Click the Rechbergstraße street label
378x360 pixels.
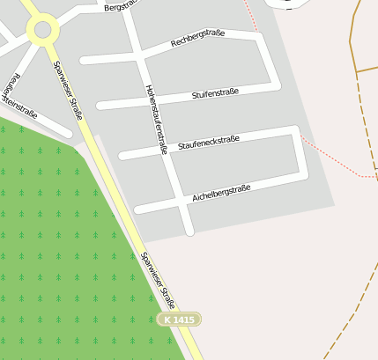(x=197, y=38)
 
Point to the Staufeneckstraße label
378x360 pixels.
(x=209, y=141)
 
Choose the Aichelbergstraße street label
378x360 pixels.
(x=221, y=193)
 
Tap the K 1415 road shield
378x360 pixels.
(x=179, y=320)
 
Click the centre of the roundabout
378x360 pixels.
(x=41, y=31)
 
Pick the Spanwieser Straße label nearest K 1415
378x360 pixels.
(x=159, y=281)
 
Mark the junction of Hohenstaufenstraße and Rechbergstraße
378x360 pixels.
(x=139, y=56)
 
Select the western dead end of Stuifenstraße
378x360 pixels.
(x=100, y=106)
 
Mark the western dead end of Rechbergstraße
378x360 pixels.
(x=84, y=61)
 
